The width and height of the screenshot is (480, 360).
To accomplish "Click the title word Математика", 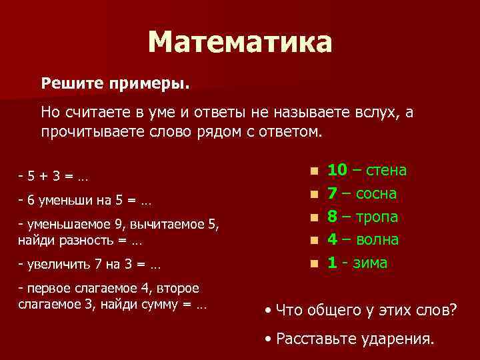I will [x=239, y=43].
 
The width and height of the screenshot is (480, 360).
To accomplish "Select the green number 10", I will [x=337, y=170].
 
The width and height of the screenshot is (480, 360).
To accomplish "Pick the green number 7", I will [x=333, y=193].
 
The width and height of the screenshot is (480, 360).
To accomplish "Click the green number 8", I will [x=333, y=217].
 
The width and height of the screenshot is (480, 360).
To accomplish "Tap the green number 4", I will [x=333, y=239].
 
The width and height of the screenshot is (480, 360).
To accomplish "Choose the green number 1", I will [x=332, y=263].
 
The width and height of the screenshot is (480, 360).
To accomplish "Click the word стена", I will [x=387, y=171].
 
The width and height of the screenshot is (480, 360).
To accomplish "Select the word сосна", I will [x=377, y=194].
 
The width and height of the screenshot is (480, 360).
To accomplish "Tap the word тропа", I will [x=377, y=217].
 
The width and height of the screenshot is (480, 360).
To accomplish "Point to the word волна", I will [x=377, y=240].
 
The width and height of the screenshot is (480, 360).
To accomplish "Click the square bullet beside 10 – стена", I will [x=313, y=172].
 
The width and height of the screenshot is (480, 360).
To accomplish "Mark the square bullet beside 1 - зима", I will [x=313, y=264].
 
